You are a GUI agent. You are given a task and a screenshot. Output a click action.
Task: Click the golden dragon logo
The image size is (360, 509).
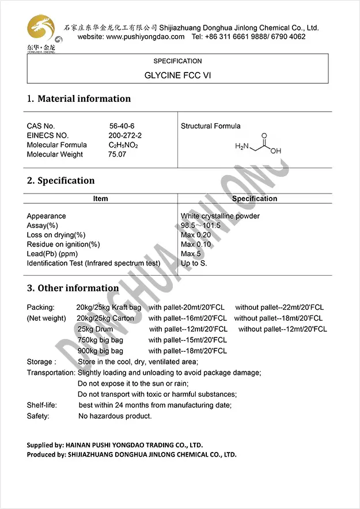[40, 29]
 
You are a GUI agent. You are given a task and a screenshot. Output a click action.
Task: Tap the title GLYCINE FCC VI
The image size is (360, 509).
[177, 75]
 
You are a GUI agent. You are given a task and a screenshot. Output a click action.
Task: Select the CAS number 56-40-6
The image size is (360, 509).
[122, 126]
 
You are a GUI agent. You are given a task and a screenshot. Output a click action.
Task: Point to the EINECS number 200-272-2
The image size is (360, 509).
[125, 135]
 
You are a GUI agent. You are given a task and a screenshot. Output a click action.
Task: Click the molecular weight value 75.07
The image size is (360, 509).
[117, 154]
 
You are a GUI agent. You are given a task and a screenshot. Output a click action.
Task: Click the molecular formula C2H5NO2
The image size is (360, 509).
[123, 145]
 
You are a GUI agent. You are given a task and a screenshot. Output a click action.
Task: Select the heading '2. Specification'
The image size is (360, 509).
[60, 181]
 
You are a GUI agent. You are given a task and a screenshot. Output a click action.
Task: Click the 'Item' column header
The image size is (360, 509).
[100, 199]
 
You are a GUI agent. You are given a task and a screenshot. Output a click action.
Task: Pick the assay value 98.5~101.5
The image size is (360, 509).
[200, 226]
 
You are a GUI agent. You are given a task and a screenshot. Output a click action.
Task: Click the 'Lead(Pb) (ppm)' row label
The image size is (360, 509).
[52, 254]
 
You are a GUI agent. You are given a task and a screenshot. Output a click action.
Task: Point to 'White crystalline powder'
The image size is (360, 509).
[220, 216]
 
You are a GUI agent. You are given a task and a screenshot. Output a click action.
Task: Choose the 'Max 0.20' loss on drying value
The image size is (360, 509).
[196, 235]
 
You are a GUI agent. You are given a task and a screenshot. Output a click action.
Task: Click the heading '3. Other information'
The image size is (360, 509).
[73, 288]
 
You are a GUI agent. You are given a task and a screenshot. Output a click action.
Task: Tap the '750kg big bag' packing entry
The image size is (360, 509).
[100, 340]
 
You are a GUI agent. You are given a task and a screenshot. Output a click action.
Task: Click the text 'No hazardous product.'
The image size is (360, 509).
[115, 416]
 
